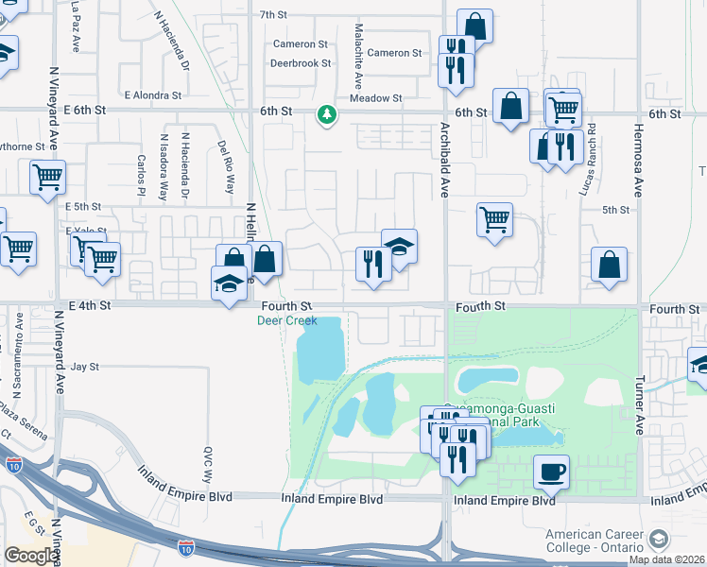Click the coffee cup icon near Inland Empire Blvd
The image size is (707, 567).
point(551,471)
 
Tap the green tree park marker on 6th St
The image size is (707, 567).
point(327,114)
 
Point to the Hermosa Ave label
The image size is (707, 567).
point(639,152)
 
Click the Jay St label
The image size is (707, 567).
point(85,366)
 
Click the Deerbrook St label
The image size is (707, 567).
point(300,63)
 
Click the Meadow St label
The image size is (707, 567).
point(375,97)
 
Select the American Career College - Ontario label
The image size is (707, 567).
point(593,541)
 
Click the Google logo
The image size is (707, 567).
point(30,556)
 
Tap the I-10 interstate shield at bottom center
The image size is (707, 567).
point(187,547)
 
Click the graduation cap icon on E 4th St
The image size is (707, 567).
point(228,283)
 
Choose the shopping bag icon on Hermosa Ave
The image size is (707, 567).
point(609,266)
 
